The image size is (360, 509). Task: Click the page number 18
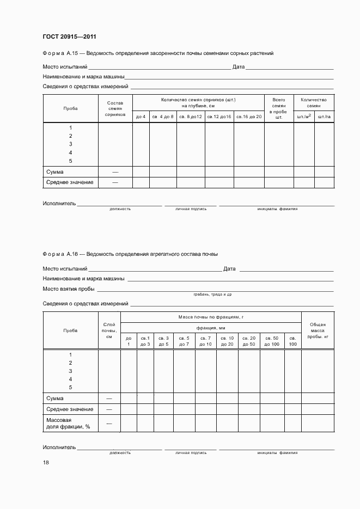click(46, 462)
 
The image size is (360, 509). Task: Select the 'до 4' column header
click(141, 117)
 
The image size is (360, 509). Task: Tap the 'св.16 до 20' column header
click(249, 117)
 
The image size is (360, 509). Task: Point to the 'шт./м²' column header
click(304, 117)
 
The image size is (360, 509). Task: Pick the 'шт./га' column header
click(324, 117)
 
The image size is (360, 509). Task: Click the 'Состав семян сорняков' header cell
click(115, 109)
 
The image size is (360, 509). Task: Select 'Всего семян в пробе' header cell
click(279, 109)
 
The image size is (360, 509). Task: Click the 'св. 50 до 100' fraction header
click(272, 341)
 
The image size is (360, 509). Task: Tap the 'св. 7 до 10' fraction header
click(205, 341)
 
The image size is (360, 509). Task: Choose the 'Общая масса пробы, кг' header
click(318, 330)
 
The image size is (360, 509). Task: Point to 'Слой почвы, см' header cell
click(109, 330)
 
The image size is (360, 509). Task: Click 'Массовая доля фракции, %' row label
click(68, 423)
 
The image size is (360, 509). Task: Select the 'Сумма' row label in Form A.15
click(56, 171)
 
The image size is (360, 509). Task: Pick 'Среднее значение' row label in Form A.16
click(70, 409)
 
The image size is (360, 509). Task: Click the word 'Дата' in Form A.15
click(239, 67)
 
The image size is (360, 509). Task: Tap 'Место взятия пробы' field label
click(69, 289)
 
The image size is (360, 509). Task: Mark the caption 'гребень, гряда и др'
click(212, 295)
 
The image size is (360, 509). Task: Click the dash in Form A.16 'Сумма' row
click(109, 398)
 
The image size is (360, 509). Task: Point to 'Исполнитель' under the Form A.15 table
click(59, 204)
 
